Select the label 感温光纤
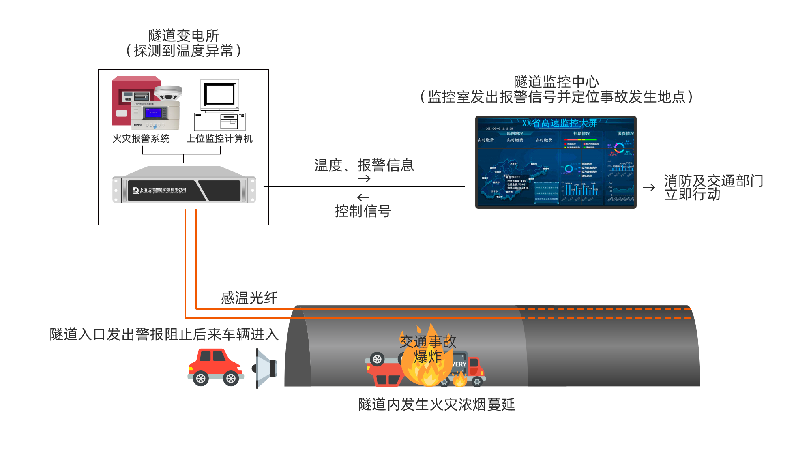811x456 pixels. [x=249, y=298]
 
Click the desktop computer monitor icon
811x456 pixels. [x=219, y=96]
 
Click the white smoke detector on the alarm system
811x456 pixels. [x=169, y=93]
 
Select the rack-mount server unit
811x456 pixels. [x=184, y=186]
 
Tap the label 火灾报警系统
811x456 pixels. [x=141, y=139]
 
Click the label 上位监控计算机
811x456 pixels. [x=219, y=139]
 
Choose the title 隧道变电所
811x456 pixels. [x=183, y=36]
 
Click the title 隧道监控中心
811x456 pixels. [x=556, y=82]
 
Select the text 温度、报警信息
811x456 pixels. [x=364, y=165]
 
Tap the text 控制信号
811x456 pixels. [x=363, y=211]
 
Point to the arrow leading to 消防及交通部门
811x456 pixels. [x=650, y=187]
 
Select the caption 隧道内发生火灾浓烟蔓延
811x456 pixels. [x=436, y=404]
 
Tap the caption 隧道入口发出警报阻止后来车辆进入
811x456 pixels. [x=164, y=334]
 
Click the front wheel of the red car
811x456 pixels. [x=231, y=379]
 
